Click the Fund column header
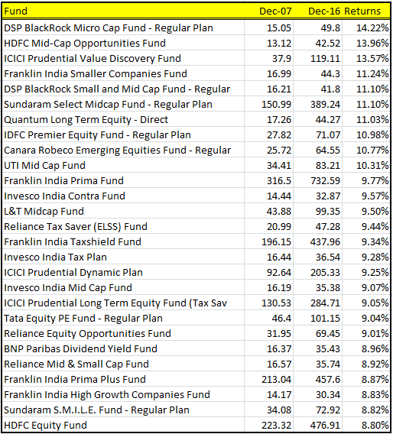16,11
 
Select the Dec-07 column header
275,11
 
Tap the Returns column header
362,11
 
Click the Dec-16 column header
324,11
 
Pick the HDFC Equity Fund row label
45,425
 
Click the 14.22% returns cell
372,28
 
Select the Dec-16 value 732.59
325,181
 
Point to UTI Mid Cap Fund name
44,166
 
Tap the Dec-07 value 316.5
279,181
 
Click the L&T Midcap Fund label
44,211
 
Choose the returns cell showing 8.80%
375,425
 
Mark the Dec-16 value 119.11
325,58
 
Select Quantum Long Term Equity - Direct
86,119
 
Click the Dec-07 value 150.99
277,105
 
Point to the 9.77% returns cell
375,181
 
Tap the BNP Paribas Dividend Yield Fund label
80,348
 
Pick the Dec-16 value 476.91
325,425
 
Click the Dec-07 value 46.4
281,318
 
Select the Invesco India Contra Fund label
64,196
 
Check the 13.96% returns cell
372,44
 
